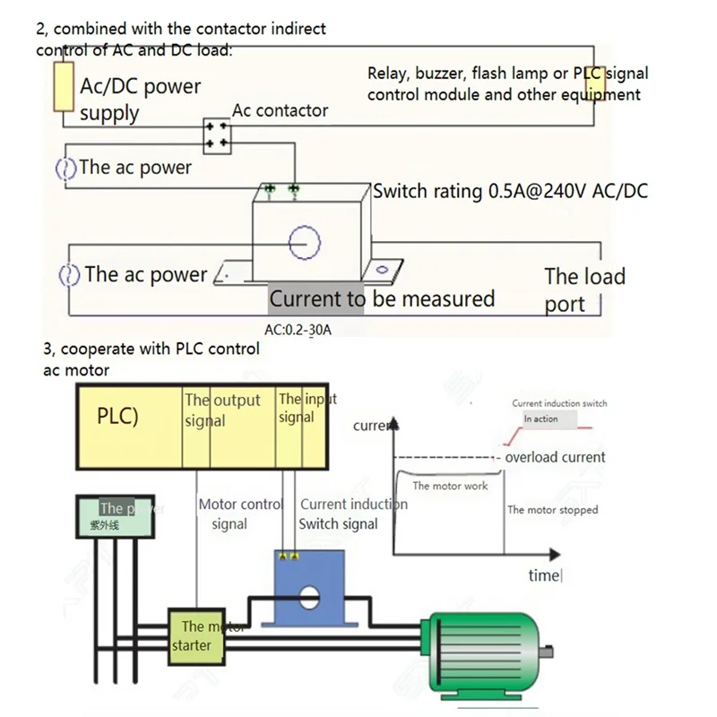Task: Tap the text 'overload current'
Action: pos(555,457)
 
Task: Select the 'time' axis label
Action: pos(544,575)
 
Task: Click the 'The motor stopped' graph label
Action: pos(552,510)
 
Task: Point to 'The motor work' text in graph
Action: pos(450,486)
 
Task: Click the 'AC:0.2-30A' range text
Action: pos(298,330)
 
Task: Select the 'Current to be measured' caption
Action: pos(382,298)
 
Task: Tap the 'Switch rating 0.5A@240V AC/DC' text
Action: pos(510,191)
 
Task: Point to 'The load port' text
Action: pos(583,289)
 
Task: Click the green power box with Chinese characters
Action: pos(108,517)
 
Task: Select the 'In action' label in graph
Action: pos(540,419)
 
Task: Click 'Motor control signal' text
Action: pos(239,514)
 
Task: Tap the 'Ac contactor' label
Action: pos(280,111)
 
